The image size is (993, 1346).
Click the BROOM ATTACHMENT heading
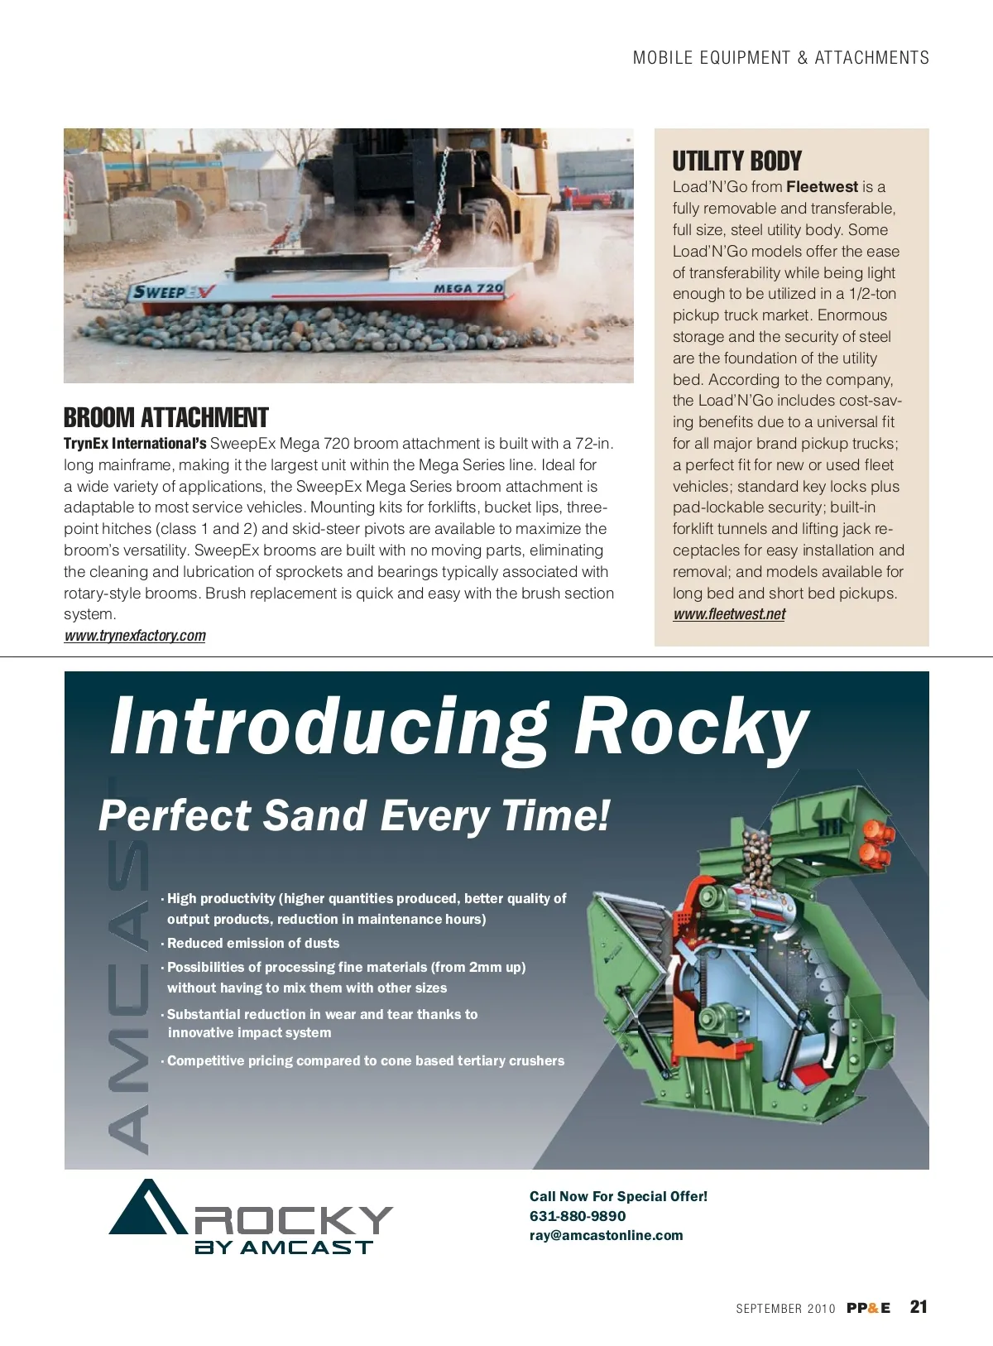click(166, 417)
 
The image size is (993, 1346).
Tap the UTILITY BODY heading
click(736, 161)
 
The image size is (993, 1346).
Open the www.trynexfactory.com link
click(135, 636)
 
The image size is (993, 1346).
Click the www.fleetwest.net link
click(729, 614)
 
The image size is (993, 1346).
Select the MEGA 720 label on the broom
click(468, 288)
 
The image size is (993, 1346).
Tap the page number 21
click(919, 1307)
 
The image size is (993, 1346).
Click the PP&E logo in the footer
click(868, 1308)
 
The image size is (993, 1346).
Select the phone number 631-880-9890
click(578, 1216)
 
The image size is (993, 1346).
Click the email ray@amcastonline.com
click(607, 1235)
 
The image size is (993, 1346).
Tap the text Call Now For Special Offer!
click(618, 1196)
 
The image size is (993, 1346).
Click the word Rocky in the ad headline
click(691, 726)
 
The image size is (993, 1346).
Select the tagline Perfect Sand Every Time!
click(354, 815)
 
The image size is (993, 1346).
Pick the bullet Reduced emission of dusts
click(253, 943)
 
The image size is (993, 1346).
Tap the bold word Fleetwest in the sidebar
click(822, 187)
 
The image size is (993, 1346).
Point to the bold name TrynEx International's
click(135, 444)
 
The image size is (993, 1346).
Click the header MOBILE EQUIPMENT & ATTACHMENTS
click(780, 58)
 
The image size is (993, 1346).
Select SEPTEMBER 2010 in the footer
click(785, 1309)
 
